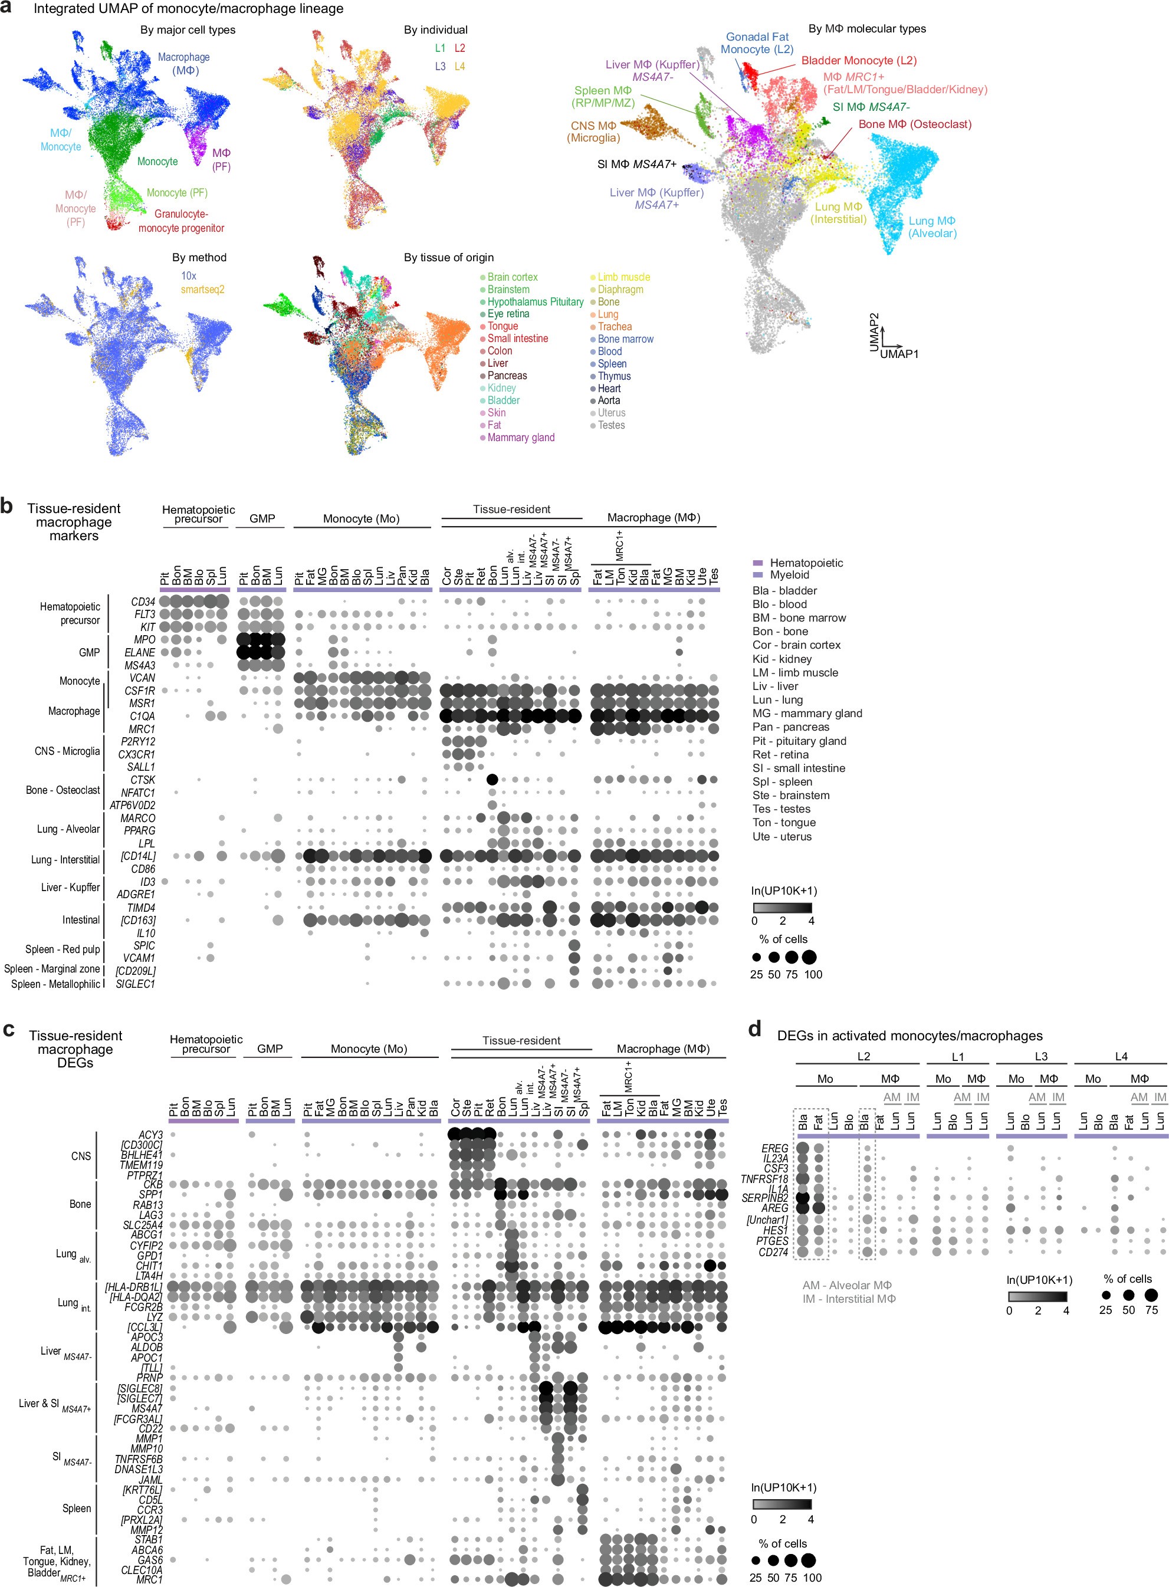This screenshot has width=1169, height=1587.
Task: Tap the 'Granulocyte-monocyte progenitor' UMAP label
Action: [x=181, y=221]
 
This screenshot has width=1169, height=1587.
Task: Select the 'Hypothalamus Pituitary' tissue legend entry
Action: [x=535, y=301]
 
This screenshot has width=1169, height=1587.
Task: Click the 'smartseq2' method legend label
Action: [x=202, y=290]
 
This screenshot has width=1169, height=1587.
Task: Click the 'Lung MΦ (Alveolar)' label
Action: [x=932, y=227]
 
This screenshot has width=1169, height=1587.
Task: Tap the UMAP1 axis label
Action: [x=899, y=354]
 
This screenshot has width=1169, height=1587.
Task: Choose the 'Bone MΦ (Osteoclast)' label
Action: [x=915, y=124]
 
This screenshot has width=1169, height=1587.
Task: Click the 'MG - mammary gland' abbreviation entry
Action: [x=807, y=713]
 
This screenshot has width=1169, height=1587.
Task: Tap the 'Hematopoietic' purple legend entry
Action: [x=806, y=563]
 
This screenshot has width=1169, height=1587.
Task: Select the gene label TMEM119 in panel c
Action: [x=141, y=1165]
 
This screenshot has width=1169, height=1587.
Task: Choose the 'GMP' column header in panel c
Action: [x=270, y=1049]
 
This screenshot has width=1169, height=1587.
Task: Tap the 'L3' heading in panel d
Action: [x=1040, y=1056]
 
